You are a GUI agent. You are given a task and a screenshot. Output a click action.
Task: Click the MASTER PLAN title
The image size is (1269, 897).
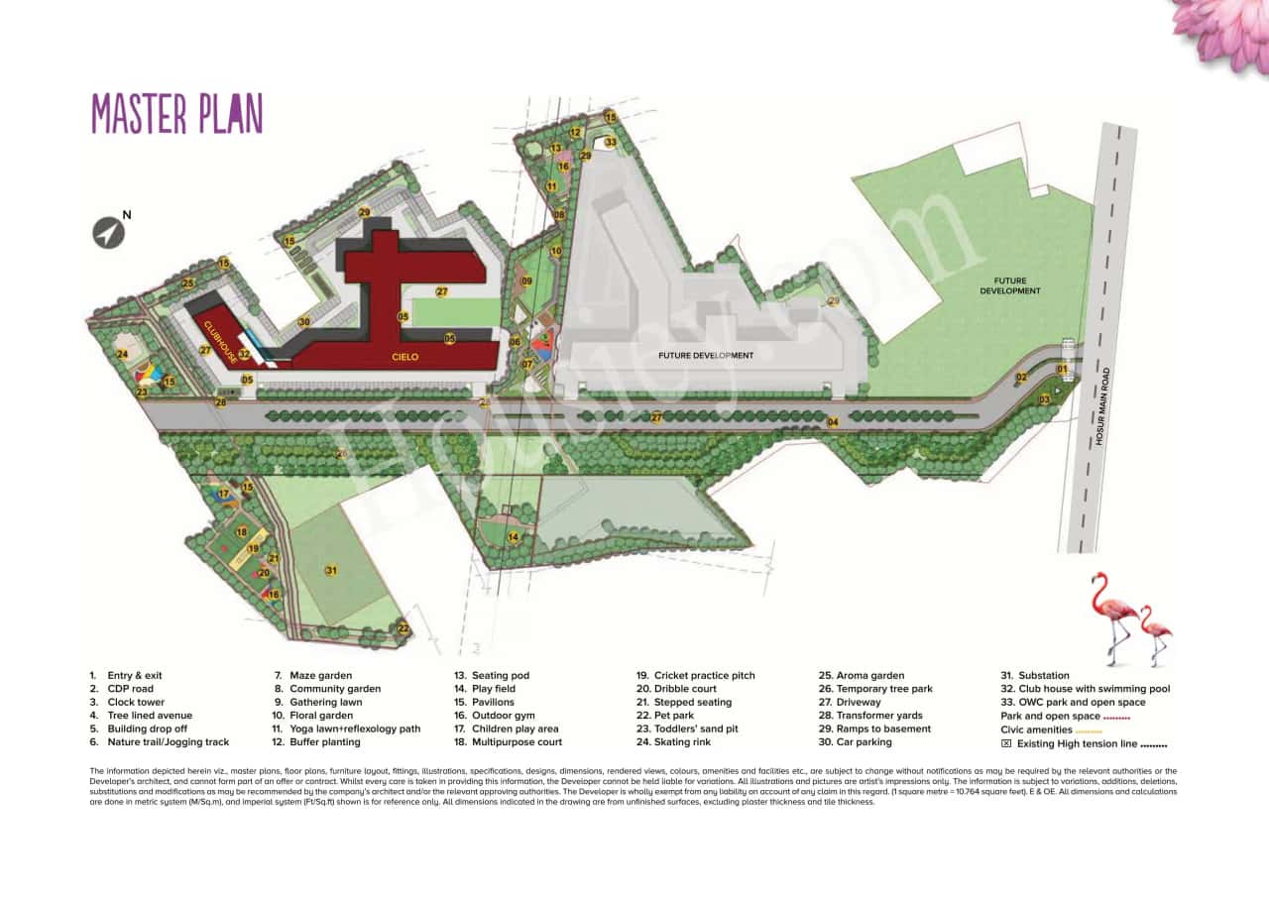tap(177, 113)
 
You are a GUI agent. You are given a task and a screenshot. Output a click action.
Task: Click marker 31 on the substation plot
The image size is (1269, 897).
tap(331, 570)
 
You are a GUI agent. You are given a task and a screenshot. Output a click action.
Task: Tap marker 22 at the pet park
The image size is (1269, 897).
tap(403, 628)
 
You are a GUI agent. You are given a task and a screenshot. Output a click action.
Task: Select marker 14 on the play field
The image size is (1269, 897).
tap(514, 537)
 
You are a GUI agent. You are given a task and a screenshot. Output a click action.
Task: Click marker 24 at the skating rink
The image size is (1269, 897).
tap(122, 354)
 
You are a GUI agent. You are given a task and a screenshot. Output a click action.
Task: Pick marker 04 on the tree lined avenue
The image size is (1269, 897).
tap(833, 422)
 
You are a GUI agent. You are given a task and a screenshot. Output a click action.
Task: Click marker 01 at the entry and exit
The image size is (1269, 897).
tap(1062, 370)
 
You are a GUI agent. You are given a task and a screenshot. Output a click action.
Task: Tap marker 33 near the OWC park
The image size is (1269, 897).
tap(611, 142)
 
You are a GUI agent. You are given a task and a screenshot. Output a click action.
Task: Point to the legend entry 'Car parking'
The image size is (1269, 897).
tap(864, 741)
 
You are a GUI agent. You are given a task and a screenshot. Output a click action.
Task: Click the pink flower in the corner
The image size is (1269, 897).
tap(1223, 30)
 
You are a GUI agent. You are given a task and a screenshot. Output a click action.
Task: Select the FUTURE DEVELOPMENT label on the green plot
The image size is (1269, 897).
tap(1010, 285)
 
